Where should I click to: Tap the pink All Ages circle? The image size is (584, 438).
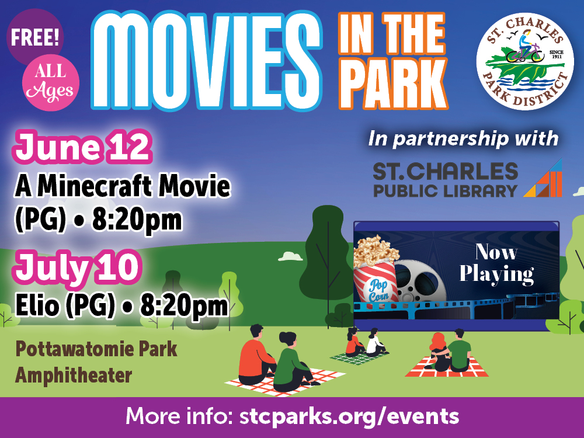pos(51,82)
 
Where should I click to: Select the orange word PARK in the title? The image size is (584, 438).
pos(394,85)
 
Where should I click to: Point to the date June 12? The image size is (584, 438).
pos(82,147)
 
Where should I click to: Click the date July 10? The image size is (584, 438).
pos(77,267)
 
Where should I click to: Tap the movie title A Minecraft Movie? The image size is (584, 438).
pos(123,186)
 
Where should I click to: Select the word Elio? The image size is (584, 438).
pos(37,305)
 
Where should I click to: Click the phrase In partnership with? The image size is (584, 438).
pos(463,138)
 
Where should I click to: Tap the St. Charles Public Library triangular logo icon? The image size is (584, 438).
pos(543,178)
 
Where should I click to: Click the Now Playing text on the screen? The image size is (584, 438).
pos(496,264)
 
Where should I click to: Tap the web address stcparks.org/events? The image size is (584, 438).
pos(349,416)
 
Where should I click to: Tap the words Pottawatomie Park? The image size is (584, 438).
pos(96,349)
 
